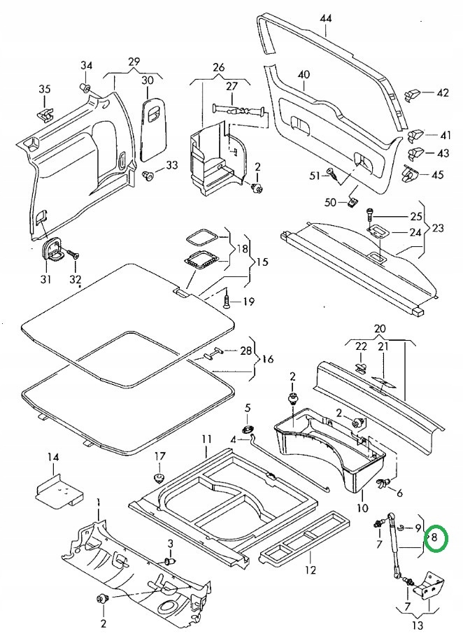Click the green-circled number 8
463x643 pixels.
pyautogui.click(x=435, y=537)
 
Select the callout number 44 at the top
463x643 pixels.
pyautogui.click(x=326, y=18)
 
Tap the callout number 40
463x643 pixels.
pyautogui.click(x=304, y=75)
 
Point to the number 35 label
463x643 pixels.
pyautogui.click(x=45, y=89)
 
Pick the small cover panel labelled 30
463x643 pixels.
pyautogui.click(x=154, y=128)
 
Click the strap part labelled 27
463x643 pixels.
pyautogui.click(x=239, y=110)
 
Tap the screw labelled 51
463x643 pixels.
pyautogui.click(x=333, y=174)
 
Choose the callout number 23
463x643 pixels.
pyautogui.click(x=437, y=227)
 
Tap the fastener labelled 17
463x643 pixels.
pyautogui.click(x=159, y=478)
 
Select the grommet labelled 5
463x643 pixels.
pyautogui.click(x=248, y=430)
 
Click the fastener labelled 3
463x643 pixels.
pyautogui.click(x=170, y=561)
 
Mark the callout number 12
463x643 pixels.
pyautogui.click(x=311, y=570)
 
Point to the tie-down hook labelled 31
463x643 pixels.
pyautogui.click(x=50, y=250)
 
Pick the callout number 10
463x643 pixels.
pyautogui.click(x=362, y=509)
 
